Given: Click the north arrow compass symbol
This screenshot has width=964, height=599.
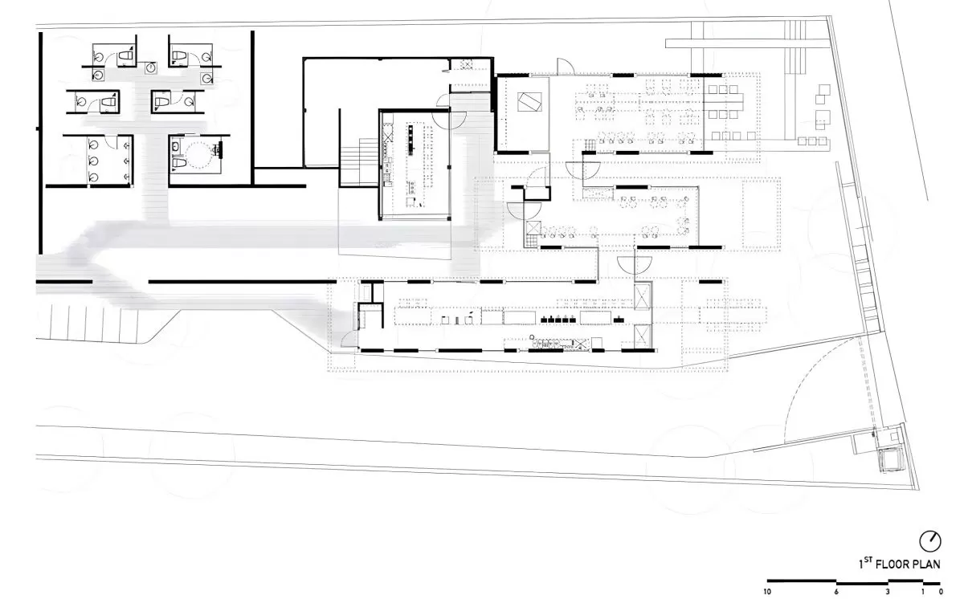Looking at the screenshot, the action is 930,541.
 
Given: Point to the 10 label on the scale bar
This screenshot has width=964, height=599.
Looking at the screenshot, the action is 767,592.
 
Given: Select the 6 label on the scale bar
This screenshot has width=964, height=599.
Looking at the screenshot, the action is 836,592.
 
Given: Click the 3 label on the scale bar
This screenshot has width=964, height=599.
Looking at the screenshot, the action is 888,592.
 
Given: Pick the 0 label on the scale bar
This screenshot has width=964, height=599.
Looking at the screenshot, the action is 942,592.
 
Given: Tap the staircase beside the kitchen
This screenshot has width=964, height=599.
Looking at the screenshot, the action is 359,162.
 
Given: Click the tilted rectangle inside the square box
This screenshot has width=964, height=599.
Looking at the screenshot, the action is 529,102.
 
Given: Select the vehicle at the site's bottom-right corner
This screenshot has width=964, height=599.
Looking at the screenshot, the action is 891,459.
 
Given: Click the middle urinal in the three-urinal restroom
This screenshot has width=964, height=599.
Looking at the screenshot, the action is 93,161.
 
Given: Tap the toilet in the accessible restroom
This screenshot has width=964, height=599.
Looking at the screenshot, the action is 178,162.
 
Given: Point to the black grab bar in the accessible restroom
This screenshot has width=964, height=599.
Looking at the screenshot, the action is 221,149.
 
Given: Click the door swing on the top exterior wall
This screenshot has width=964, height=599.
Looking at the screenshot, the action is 566,67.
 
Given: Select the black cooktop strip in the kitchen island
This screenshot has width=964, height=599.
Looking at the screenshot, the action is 411,138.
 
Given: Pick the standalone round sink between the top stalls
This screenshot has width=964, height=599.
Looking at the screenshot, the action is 151,67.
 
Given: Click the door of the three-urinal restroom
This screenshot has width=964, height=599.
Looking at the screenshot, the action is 111,142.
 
